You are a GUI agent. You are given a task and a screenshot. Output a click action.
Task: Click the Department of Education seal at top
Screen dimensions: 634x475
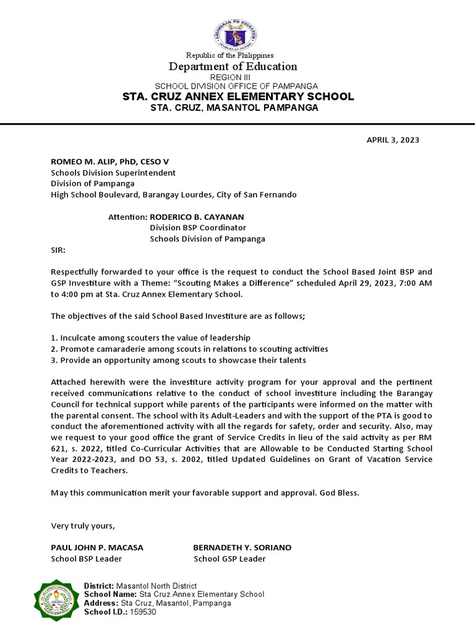[x=237, y=35]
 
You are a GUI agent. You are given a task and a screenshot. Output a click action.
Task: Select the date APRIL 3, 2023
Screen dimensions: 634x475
[x=393, y=140]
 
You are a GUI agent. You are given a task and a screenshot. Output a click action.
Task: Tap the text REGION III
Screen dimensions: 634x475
[x=237, y=77]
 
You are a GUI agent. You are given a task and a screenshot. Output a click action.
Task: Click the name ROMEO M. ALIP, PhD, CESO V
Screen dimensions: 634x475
[x=109, y=162]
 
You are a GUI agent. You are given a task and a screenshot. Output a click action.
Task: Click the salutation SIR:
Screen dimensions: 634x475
[x=58, y=251]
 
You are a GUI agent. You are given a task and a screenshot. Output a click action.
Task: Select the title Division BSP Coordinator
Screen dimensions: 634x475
[x=194, y=228]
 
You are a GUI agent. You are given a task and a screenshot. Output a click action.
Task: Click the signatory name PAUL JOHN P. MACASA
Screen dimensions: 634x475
[x=96, y=548]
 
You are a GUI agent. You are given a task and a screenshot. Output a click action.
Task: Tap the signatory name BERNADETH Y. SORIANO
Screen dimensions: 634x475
[x=242, y=548]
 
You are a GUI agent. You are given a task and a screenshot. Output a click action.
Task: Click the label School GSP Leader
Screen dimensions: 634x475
[x=229, y=559]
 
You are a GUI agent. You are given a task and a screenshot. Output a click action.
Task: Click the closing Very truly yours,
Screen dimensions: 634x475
[x=82, y=526]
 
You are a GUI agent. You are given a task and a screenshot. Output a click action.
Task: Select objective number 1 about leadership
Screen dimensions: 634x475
[x=150, y=338]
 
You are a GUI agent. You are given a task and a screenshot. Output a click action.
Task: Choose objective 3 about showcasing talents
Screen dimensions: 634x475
[x=178, y=360]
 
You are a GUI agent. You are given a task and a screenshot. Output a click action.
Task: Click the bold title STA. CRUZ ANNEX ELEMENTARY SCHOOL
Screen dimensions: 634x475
[x=237, y=97]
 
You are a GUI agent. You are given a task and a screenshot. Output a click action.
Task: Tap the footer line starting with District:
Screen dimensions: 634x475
[x=140, y=586]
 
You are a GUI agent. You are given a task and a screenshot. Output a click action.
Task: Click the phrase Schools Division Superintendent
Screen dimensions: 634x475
[x=113, y=173]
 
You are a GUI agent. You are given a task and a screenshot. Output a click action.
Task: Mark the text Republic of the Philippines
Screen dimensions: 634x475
[x=237, y=56]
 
